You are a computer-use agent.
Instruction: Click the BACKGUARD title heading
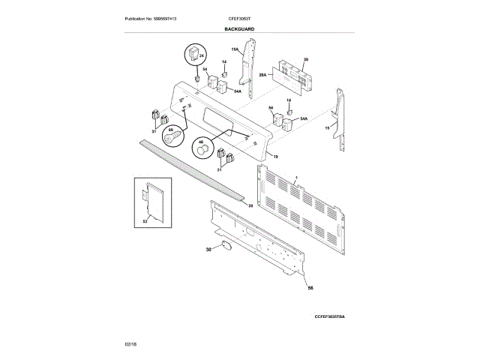(x=239, y=28)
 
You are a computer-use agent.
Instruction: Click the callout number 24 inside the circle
(x=202, y=56)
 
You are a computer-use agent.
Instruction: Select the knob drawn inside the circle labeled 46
(x=202, y=152)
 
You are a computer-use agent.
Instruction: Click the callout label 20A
(x=262, y=75)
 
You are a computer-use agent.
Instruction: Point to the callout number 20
(x=305, y=59)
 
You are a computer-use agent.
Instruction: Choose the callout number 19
(x=275, y=157)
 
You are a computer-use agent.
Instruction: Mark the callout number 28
(x=250, y=205)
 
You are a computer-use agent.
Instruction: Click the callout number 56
(x=310, y=288)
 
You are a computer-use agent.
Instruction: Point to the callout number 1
(x=297, y=176)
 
